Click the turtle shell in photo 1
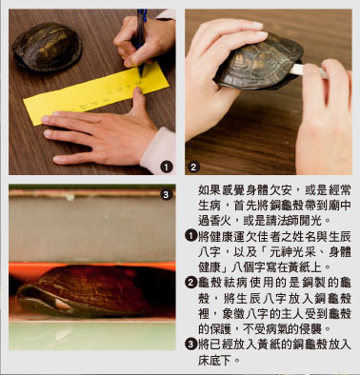click(x=47, y=47)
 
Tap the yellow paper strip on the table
click(x=96, y=92)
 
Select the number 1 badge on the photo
click(x=167, y=167)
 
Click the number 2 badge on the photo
click(x=193, y=167)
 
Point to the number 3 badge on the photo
click(x=166, y=194)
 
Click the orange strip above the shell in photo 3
click(x=92, y=266)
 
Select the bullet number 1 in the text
click(x=191, y=236)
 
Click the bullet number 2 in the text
click(x=191, y=282)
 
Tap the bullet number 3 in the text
click(x=191, y=345)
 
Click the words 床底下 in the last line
click(x=214, y=360)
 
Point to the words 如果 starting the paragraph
click(x=210, y=190)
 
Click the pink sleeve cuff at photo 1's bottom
click(x=158, y=151)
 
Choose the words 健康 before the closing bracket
click(x=210, y=267)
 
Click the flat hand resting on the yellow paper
click(x=101, y=133)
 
